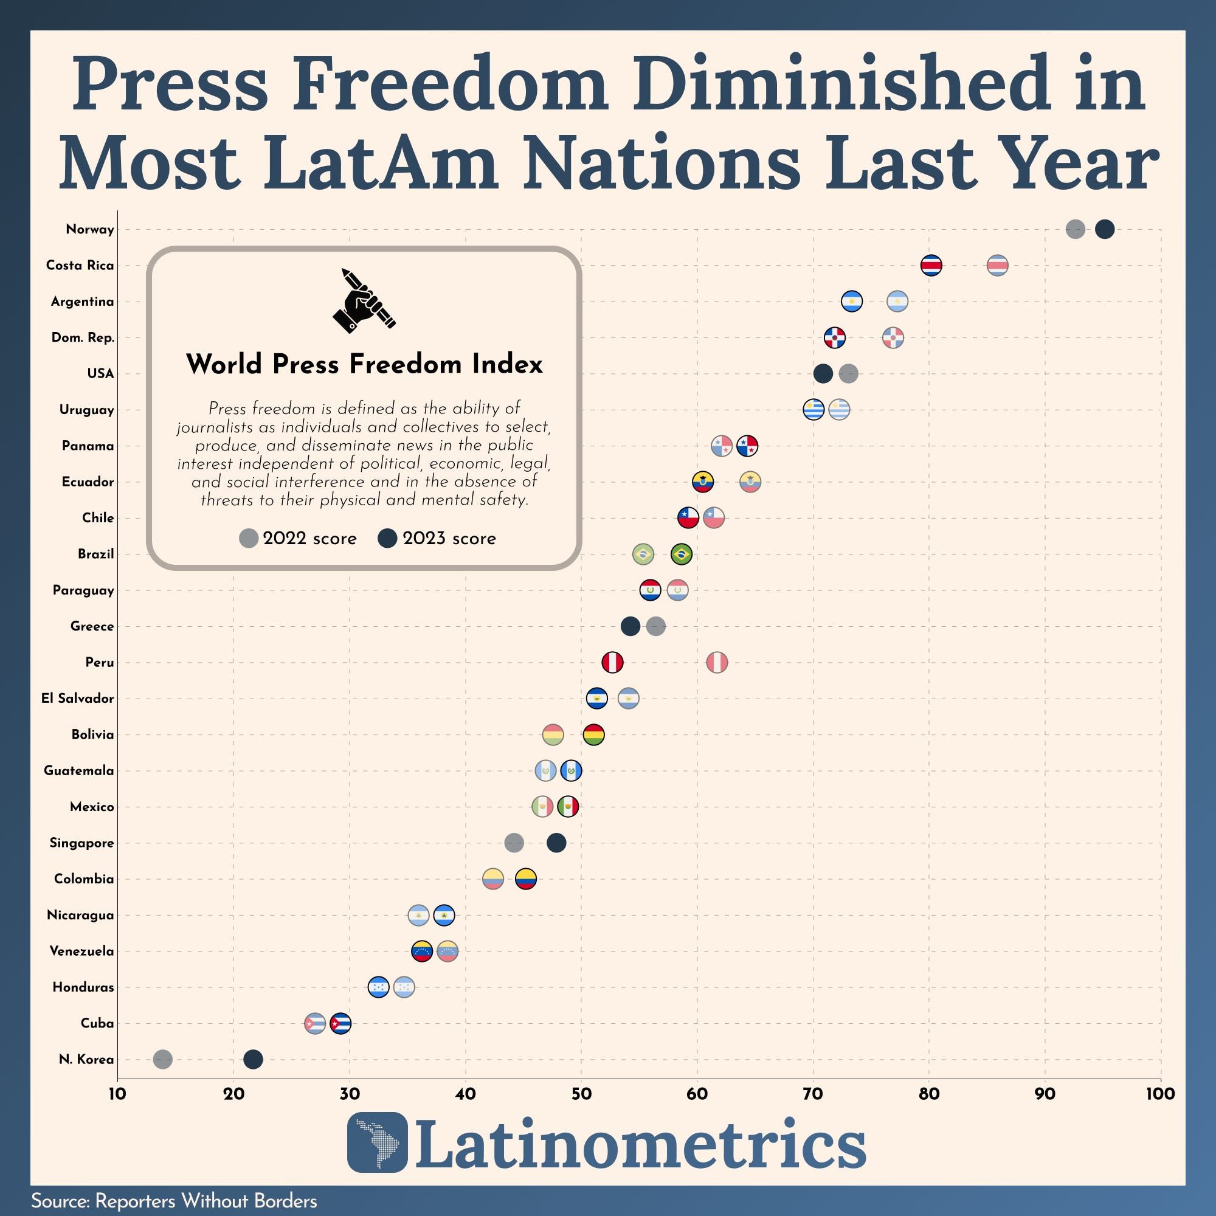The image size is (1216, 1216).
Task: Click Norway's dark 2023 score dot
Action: pos(1105,229)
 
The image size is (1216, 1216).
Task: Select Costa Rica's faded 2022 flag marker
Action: pos(997,266)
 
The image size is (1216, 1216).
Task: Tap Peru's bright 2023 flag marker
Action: pos(612,662)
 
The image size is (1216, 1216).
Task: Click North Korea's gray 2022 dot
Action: pos(162,1059)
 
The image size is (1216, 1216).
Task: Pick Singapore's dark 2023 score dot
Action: pos(556,843)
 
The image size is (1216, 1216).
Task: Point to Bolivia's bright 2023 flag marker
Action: pos(593,734)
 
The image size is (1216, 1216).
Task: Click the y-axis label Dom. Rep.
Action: pos(83,338)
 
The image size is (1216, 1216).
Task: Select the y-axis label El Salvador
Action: pos(77,699)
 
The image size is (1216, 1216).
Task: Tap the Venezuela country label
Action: pos(82,951)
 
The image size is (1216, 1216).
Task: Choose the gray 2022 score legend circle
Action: pos(249,539)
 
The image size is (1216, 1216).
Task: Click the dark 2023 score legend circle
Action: pos(387,539)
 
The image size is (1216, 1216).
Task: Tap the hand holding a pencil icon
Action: pos(363,301)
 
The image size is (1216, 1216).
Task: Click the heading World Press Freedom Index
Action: pos(364,364)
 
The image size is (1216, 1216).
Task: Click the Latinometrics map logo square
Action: pos(377,1142)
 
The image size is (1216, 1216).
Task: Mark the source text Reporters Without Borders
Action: pos(206,1201)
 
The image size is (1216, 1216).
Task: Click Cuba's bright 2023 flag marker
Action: pos(340,1023)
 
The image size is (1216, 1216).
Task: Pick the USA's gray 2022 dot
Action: pos(848,374)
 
